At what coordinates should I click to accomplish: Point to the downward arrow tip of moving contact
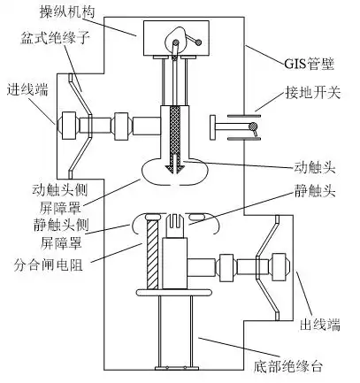click(x=176, y=170)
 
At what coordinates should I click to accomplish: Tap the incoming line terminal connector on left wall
click(x=69, y=123)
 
